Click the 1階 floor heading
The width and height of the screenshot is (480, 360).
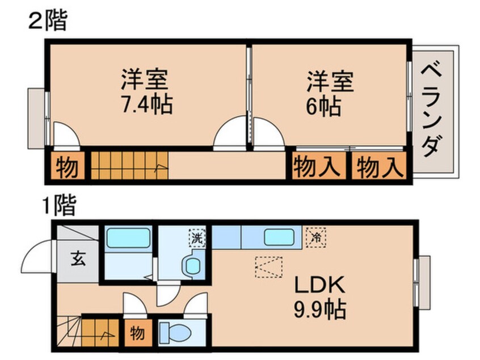click(x=57, y=206)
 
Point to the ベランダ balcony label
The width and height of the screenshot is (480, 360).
click(x=433, y=110)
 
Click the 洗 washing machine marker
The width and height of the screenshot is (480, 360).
click(x=197, y=237)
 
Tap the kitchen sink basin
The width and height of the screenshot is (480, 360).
click(x=282, y=237)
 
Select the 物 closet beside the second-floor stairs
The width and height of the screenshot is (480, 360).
click(x=66, y=167)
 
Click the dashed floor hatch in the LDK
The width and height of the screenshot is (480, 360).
click(x=268, y=266)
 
